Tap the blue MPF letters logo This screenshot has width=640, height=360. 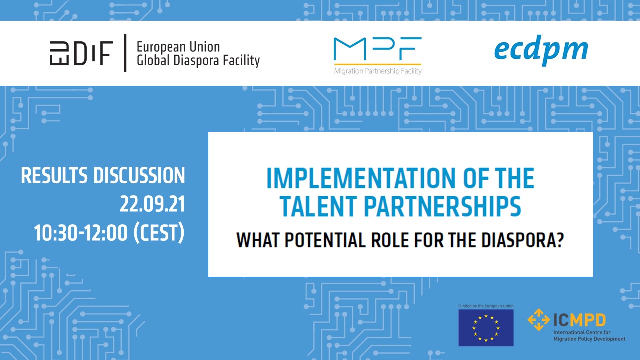(x=377, y=49)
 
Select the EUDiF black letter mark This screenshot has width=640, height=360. (x=81, y=53)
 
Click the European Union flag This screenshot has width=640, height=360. (x=486, y=328)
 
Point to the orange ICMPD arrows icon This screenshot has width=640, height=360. (x=538, y=319)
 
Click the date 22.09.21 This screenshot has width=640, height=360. (x=152, y=204)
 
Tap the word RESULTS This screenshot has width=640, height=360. (x=54, y=175)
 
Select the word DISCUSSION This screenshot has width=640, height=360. (x=139, y=175)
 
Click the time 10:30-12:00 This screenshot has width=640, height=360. (x=80, y=233)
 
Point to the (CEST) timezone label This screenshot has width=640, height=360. (x=159, y=233)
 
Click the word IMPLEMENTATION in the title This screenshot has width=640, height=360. (x=361, y=178)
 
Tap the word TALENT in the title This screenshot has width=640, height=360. (x=318, y=206)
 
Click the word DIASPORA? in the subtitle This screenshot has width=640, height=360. (x=523, y=240)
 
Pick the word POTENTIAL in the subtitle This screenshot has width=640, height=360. (x=325, y=240)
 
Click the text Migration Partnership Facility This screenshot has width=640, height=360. (x=378, y=71)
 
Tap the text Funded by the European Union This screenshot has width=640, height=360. (x=486, y=306)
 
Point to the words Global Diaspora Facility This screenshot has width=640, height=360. (x=198, y=60)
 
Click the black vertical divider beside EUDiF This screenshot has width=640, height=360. (x=125, y=53)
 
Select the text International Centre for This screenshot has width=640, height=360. (x=582, y=332)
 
